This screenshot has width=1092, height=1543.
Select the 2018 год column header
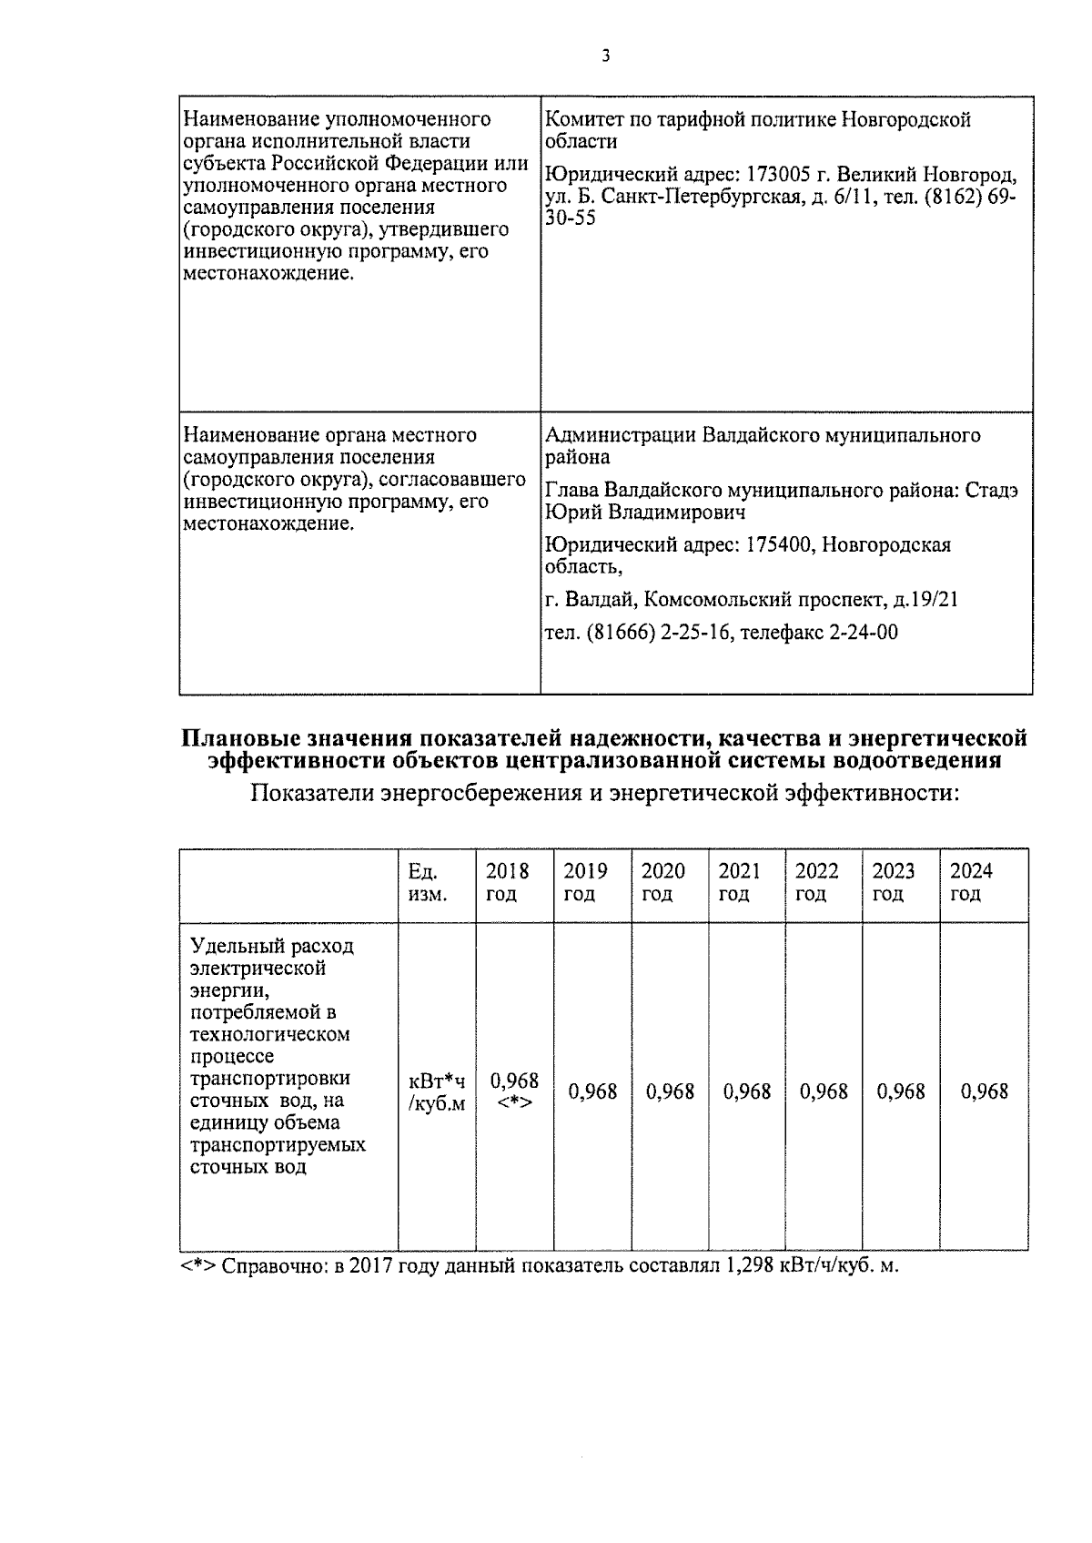(x=507, y=882)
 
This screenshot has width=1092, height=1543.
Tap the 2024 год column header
(x=971, y=882)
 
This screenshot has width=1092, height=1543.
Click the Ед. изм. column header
(x=427, y=882)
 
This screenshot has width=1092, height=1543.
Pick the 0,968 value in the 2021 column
(x=747, y=1091)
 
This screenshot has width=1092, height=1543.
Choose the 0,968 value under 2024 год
(x=984, y=1091)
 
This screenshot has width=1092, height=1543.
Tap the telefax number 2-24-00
(x=864, y=633)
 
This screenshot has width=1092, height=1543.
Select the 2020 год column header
(x=662, y=882)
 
